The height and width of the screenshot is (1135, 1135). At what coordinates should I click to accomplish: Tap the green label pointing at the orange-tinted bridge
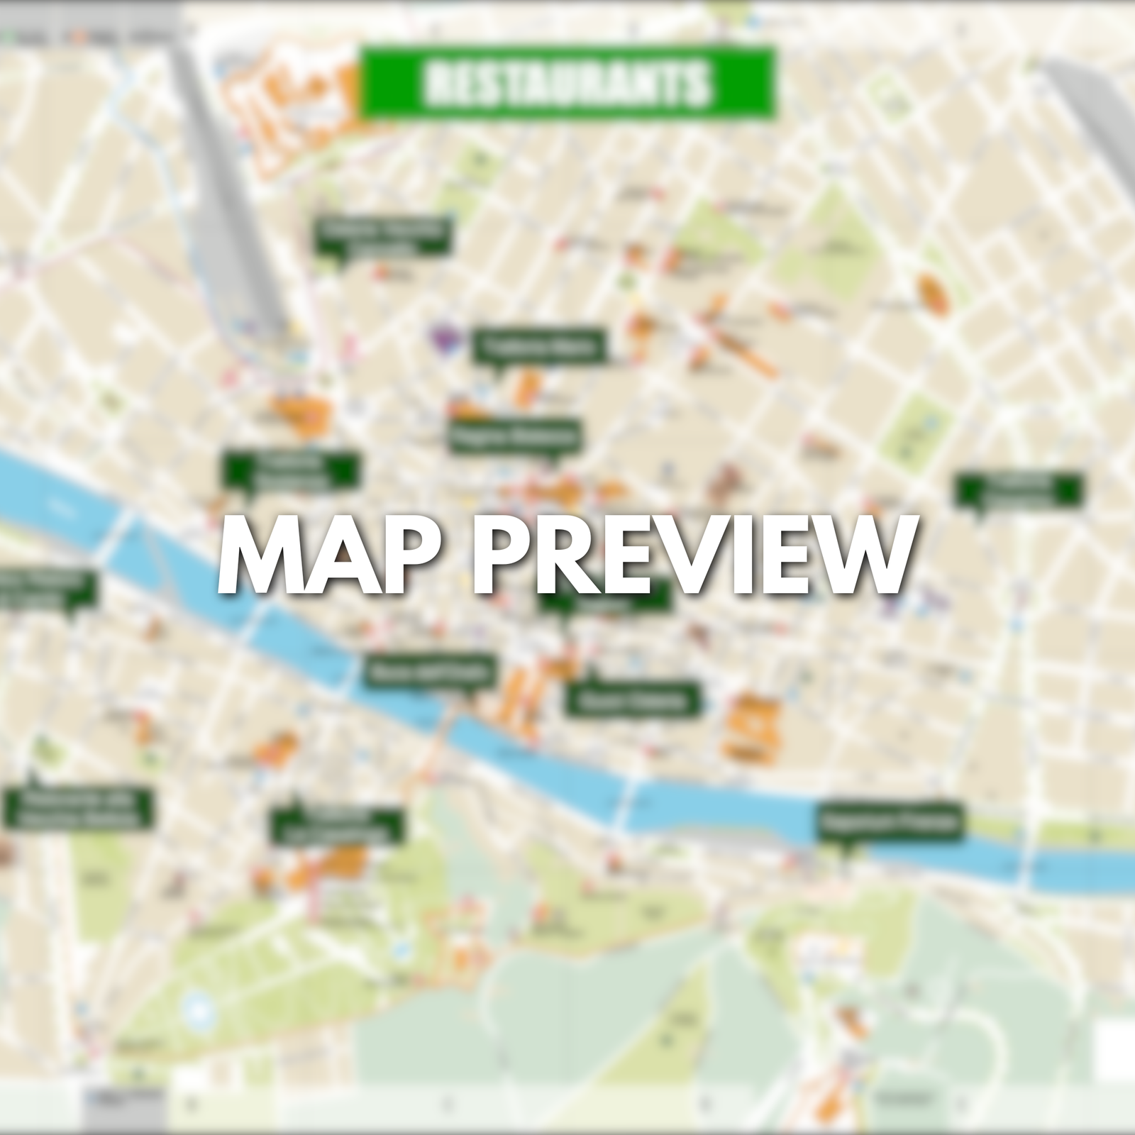(430, 670)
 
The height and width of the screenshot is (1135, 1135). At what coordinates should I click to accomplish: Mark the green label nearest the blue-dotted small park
(1019, 489)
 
